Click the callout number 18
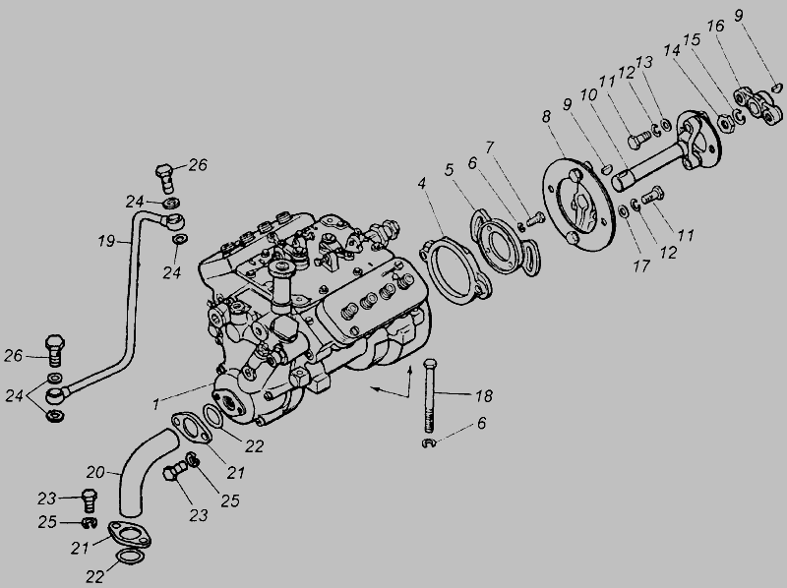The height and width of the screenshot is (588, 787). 483,396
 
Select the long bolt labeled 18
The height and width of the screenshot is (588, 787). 429,396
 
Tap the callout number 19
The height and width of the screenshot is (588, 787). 107,241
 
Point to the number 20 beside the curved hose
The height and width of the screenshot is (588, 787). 95,472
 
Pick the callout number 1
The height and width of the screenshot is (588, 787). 156,403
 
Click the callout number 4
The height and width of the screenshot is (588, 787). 422,183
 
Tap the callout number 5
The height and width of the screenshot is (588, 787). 449,169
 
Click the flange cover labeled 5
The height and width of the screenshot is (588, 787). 506,242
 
